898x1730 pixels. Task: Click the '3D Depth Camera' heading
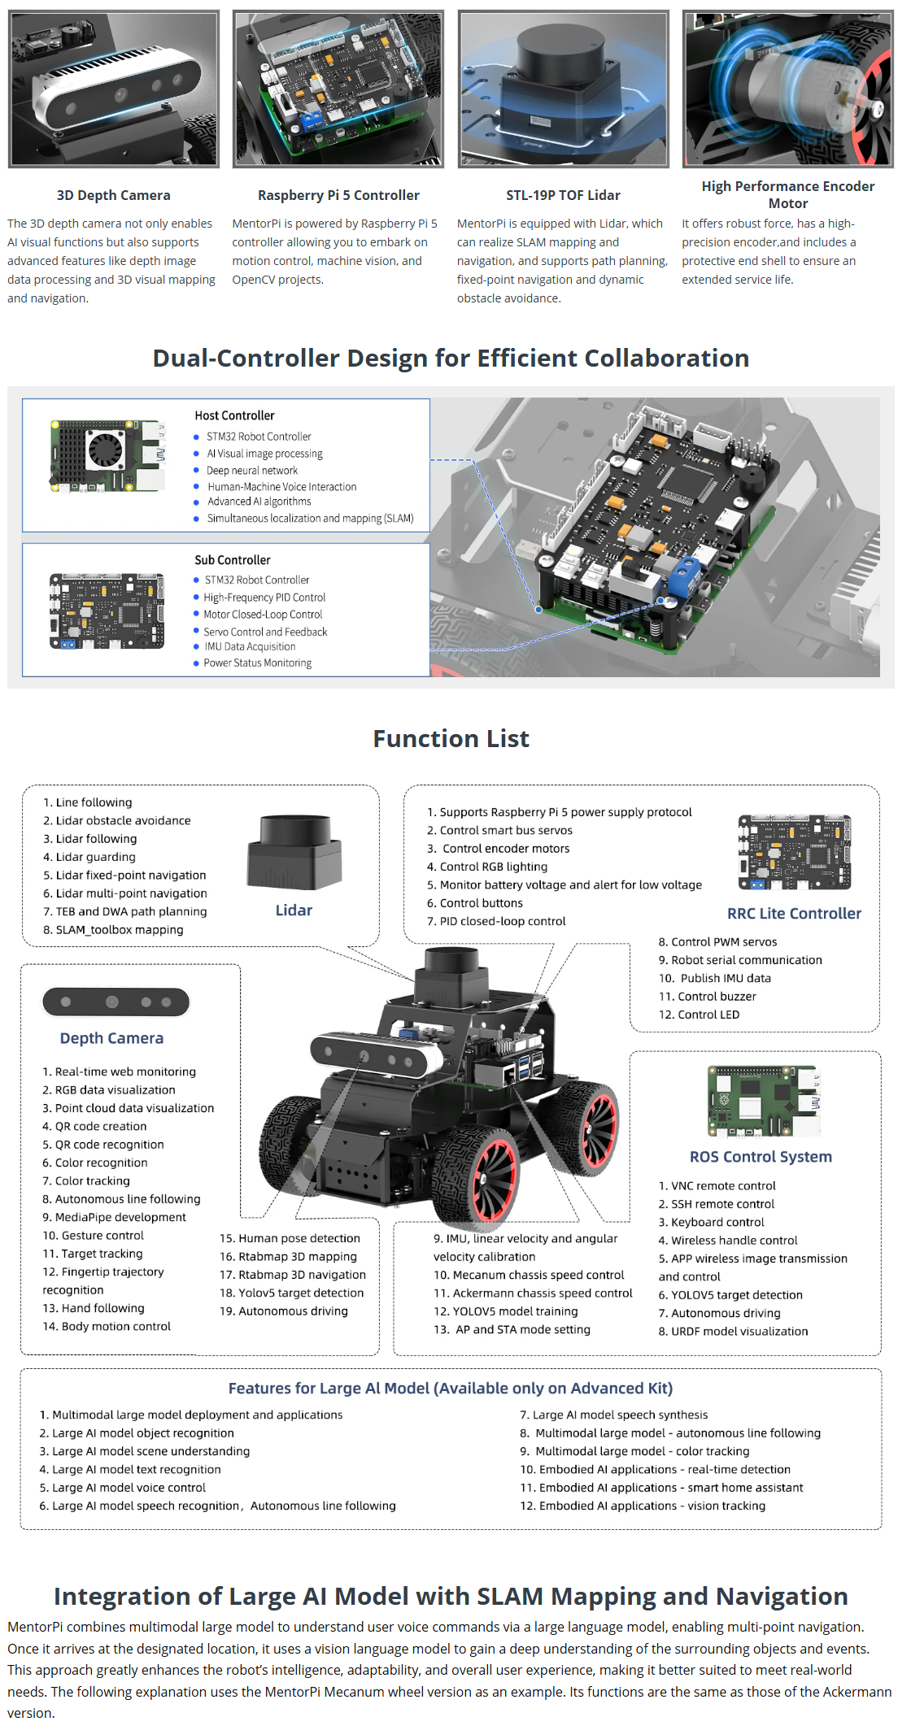[x=113, y=195]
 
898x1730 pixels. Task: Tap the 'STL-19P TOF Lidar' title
[x=563, y=195]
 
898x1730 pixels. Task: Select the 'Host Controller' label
[x=234, y=415]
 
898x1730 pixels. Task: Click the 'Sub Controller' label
[x=233, y=560]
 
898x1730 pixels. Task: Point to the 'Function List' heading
[x=451, y=739]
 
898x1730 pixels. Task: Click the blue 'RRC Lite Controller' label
[x=794, y=914]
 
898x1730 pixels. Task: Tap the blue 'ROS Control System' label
[x=761, y=1157]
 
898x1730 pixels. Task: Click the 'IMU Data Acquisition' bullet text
[x=250, y=647]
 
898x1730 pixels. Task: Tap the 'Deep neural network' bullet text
[x=252, y=471]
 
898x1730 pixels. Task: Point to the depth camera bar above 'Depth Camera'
[x=116, y=1002]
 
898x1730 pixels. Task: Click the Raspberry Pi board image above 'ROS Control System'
[x=763, y=1101]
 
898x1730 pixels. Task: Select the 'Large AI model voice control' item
[x=129, y=1488]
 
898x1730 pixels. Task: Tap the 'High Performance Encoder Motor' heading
[x=788, y=195]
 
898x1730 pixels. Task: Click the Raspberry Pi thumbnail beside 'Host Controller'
[x=107, y=456]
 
